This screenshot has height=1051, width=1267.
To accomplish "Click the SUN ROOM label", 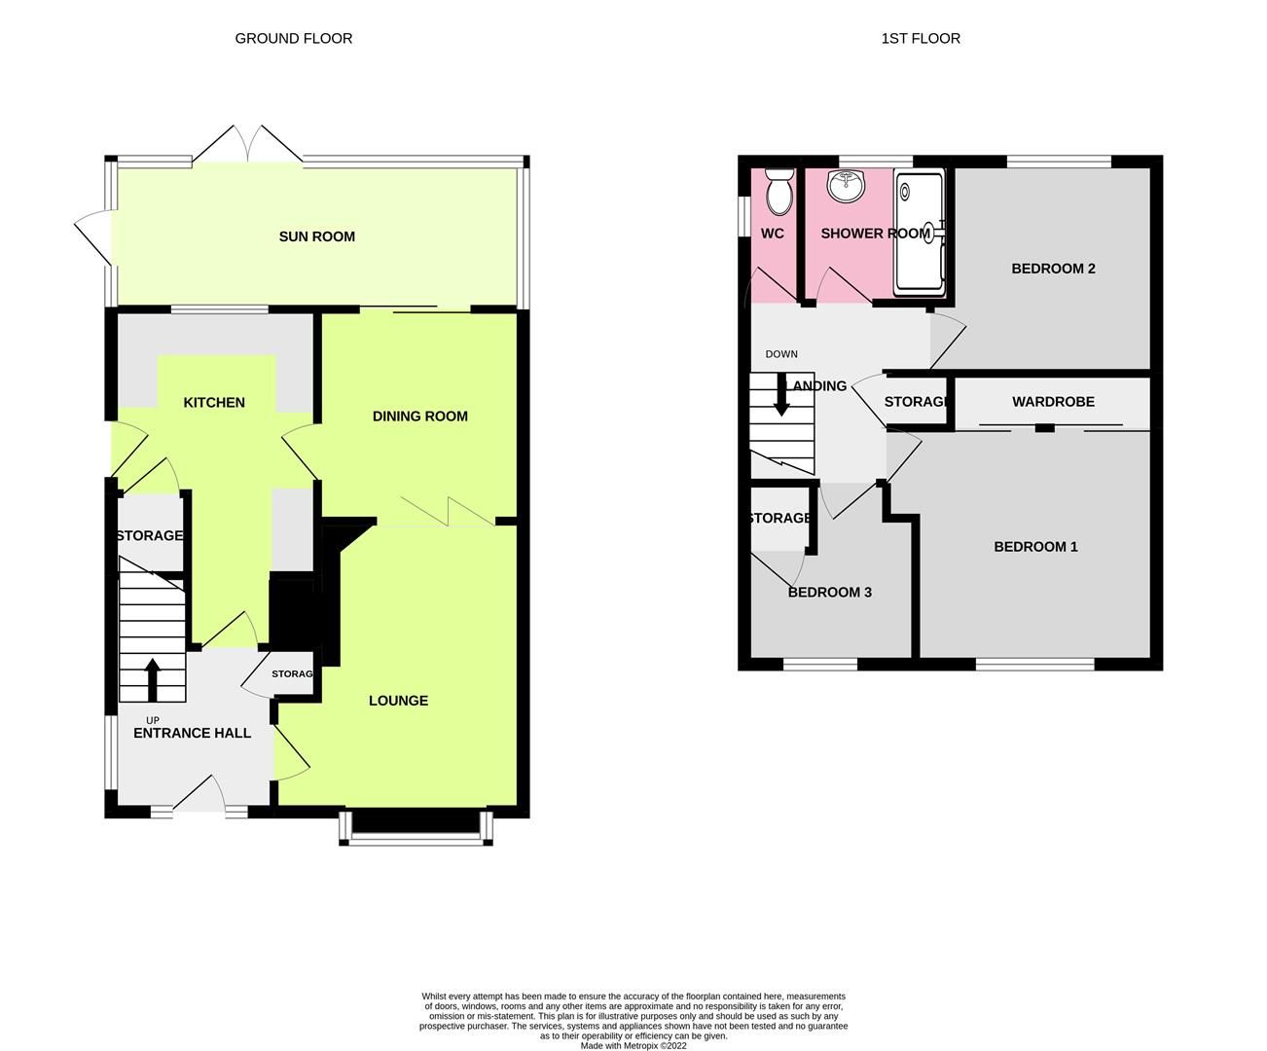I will click(316, 236).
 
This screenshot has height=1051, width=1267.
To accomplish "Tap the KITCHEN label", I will click(214, 403).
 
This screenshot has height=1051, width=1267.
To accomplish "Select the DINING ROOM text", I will click(419, 417).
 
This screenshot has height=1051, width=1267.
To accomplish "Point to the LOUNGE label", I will click(398, 701).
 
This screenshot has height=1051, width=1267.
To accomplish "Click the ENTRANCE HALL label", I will click(192, 733).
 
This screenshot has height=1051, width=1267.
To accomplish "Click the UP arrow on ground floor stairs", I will click(152, 679).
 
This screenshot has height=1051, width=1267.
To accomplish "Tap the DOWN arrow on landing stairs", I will click(780, 395).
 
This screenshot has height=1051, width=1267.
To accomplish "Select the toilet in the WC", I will click(778, 193).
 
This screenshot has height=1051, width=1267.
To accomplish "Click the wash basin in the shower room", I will click(847, 186).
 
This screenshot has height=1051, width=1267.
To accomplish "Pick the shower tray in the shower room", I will click(919, 233).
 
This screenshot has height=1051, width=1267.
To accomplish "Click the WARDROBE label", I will click(1053, 402).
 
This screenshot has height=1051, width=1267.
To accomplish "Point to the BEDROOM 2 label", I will click(1053, 269).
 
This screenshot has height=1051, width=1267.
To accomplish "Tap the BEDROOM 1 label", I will click(1035, 547).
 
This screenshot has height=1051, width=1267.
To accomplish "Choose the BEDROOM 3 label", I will click(829, 593).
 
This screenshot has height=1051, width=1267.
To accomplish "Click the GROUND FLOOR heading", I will click(293, 39).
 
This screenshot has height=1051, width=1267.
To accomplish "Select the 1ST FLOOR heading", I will click(920, 39).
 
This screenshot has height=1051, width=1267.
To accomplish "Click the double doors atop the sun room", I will click(249, 146).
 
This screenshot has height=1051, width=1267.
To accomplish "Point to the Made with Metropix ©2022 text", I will click(633, 1046).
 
